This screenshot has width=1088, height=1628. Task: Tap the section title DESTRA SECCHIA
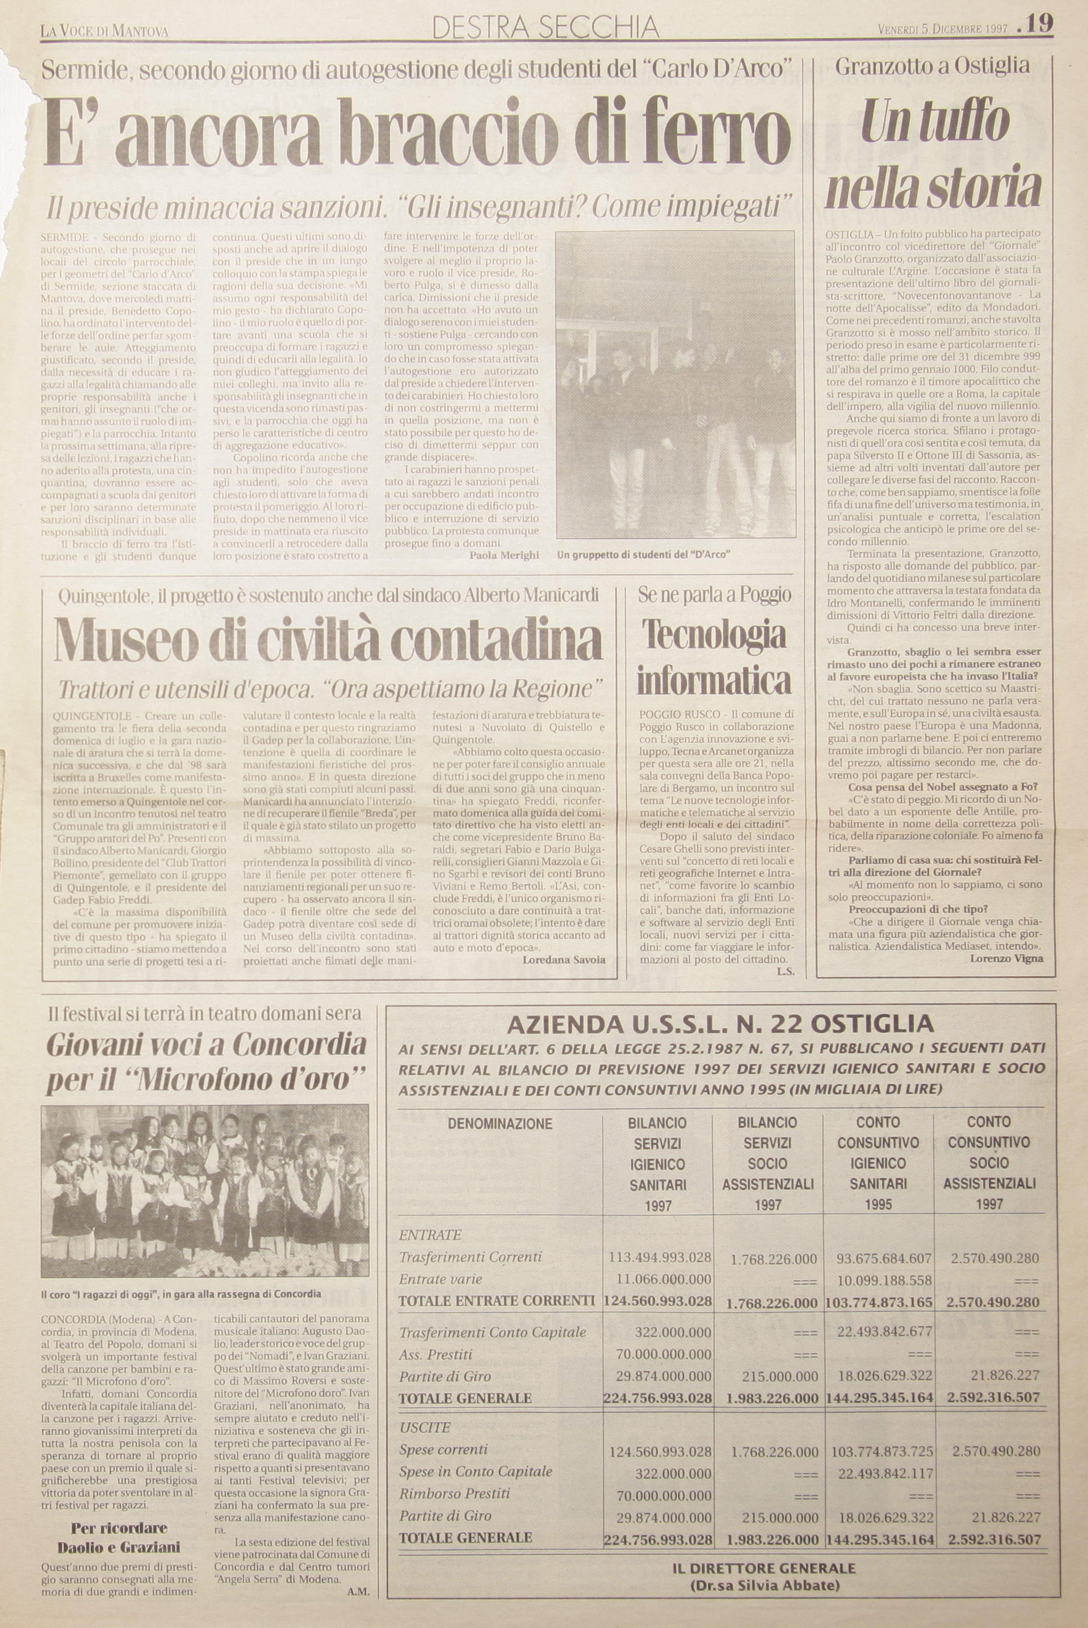tap(545, 27)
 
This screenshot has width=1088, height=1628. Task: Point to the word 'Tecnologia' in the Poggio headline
tap(713, 634)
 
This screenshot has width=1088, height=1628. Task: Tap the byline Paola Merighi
tap(504, 555)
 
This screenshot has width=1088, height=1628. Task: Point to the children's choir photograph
tap(205, 1191)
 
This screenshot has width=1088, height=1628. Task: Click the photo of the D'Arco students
tap(674, 385)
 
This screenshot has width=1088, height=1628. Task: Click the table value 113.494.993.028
tap(659, 1257)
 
